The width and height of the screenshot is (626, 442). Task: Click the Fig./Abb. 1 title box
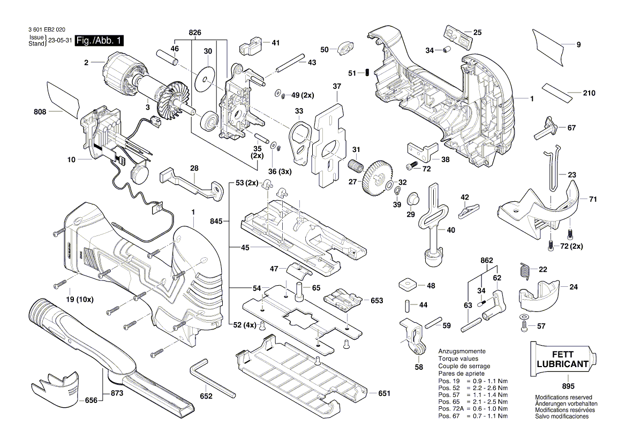[100, 41]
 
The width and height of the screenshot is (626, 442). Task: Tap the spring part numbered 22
[525, 271]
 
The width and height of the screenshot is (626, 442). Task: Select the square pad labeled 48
[408, 283]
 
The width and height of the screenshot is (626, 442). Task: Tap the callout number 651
[383, 393]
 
